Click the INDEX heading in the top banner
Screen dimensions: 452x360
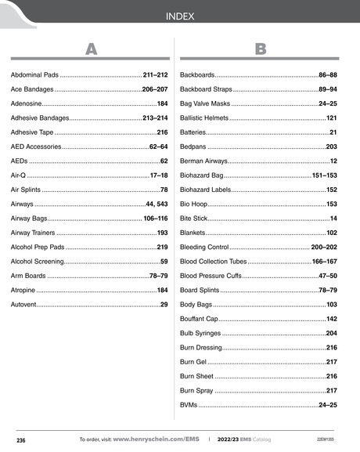click(179, 16)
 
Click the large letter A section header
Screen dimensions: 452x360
click(91, 49)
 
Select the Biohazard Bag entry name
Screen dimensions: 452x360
click(202, 175)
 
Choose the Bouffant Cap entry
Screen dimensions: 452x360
click(199, 319)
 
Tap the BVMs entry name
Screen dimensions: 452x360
click(189, 404)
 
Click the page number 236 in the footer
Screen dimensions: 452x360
click(21, 440)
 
